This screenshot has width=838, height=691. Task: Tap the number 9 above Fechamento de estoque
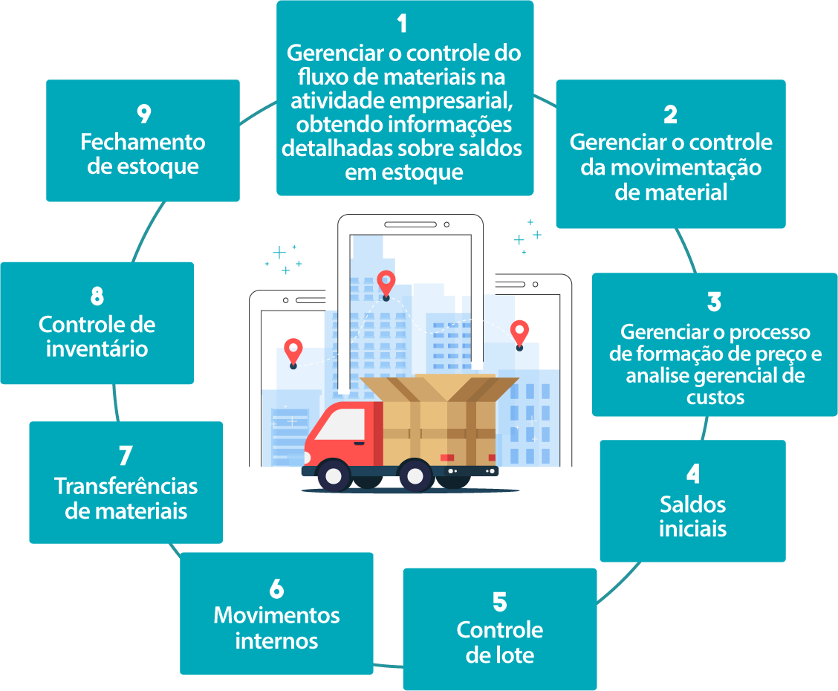click(x=143, y=114)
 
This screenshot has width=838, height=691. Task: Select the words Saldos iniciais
click(x=692, y=516)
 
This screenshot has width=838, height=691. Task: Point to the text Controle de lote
click(x=500, y=643)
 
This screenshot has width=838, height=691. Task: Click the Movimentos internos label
click(x=276, y=628)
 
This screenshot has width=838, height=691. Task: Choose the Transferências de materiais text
click(x=126, y=498)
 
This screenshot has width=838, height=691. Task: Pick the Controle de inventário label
click(x=97, y=337)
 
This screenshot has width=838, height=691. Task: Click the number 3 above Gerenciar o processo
click(x=714, y=302)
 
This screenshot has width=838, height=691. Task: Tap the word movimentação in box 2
click(x=671, y=167)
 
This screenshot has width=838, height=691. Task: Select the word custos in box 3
click(x=715, y=397)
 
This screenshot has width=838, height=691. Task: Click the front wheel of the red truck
click(x=334, y=474)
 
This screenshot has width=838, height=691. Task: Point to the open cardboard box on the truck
click(x=438, y=416)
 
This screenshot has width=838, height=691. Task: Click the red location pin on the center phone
click(x=386, y=282)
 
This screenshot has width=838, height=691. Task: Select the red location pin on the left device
click(x=293, y=351)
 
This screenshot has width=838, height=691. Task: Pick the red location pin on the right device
click(x=519, y=332)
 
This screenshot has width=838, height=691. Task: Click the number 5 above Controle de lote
click(x=500, y=601)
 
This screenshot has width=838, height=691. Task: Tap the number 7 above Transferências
click(x=126, y=455)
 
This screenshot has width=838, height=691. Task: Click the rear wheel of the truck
click(x=413, y=474)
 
